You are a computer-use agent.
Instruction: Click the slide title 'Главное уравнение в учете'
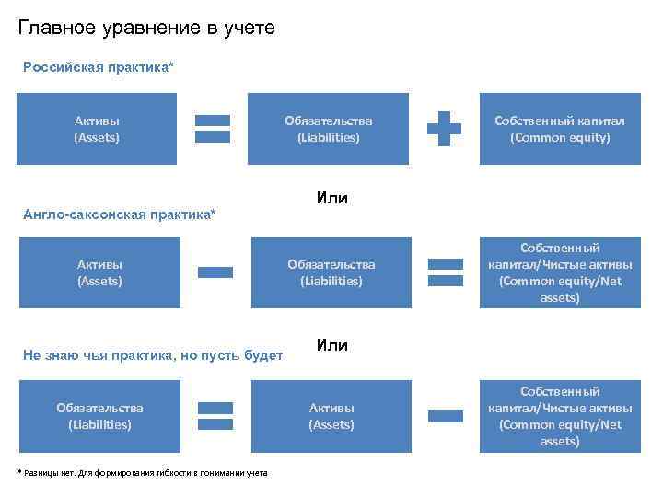[x=146, y=29]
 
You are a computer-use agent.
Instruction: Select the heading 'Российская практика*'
[x=98, y=67]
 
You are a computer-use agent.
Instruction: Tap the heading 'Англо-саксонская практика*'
[x=119, y=214]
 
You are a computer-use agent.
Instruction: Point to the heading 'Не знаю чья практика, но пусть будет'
[x=151, y=355]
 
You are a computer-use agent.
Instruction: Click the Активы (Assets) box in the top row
[x=97, y=129]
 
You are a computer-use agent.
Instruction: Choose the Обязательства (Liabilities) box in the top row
[x=328, y=129]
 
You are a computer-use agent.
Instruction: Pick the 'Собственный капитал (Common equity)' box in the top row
[x=560, y=129]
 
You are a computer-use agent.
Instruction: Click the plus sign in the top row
[x=445, y=129]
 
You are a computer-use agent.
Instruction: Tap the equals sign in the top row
[x=214, y=129]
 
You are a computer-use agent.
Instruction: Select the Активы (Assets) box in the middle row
[x=99, y=272]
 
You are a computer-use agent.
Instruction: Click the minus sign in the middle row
[x=215, y=272]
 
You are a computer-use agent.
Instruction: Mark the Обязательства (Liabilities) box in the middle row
[x=331, y=272]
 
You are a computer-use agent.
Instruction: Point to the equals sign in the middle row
[x=446, y=272]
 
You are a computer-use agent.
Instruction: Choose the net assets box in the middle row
[x=560, y=272]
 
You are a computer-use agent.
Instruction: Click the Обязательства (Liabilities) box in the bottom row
[x=99, y=416]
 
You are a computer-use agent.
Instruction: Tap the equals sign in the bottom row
[x=215, y=416]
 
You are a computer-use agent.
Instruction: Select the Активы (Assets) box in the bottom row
[x=331, y=416]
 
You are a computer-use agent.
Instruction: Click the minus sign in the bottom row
[x=446, y=416]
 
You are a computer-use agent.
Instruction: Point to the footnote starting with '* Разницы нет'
[x=143, y=472]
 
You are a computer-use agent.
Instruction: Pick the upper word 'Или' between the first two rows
[x=331, y=198]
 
